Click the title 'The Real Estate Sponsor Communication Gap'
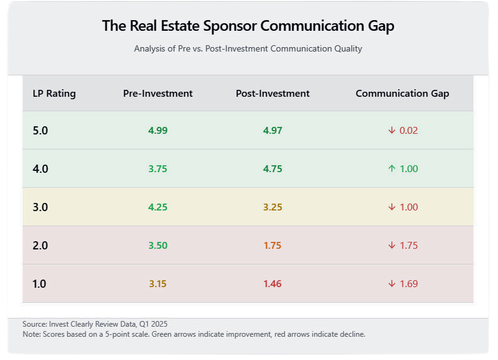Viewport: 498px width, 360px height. pos(248,26)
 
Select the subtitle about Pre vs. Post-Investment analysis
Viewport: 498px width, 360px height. pos(248,48)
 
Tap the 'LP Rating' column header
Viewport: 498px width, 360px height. pos(54,94)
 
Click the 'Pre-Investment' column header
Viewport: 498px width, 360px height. pos(158,94)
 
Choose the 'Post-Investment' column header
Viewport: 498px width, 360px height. pos(273,94)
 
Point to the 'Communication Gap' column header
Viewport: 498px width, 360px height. pos(402,94)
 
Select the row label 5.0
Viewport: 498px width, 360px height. pos(40,131)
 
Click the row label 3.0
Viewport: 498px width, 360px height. pos(40,207)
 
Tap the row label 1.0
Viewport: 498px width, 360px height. pos(39,284)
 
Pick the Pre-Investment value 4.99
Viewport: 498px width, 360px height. pos(158,131)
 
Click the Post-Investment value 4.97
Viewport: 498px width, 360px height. pos(273,131)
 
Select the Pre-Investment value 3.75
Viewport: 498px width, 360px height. pos(158,169)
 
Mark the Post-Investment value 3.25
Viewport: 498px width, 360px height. pos(273,207)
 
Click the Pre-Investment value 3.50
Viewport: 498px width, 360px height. pos(158,246)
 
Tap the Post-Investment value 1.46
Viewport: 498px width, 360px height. pos(273,284)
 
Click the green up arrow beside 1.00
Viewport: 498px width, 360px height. pos(391,169)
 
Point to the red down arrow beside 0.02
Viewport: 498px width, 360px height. pos(391,131)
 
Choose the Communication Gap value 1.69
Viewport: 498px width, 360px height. pos(409,284)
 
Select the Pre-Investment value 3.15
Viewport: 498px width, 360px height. pos(158,284)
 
